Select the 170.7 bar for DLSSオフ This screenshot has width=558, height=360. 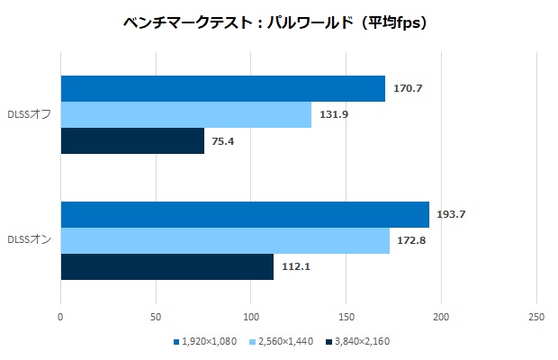222,89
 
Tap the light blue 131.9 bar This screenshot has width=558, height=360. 185,115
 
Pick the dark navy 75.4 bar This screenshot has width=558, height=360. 132,141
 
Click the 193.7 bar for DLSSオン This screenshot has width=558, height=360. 245,214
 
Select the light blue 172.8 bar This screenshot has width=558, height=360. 225,240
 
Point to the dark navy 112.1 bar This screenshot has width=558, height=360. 166,266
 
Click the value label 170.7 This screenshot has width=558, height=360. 409,89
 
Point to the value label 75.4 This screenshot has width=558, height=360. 224,141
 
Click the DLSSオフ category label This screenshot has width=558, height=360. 29,115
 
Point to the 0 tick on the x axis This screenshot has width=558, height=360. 60,317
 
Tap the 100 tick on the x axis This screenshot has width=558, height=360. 251,317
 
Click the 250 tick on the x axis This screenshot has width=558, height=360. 536,317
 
